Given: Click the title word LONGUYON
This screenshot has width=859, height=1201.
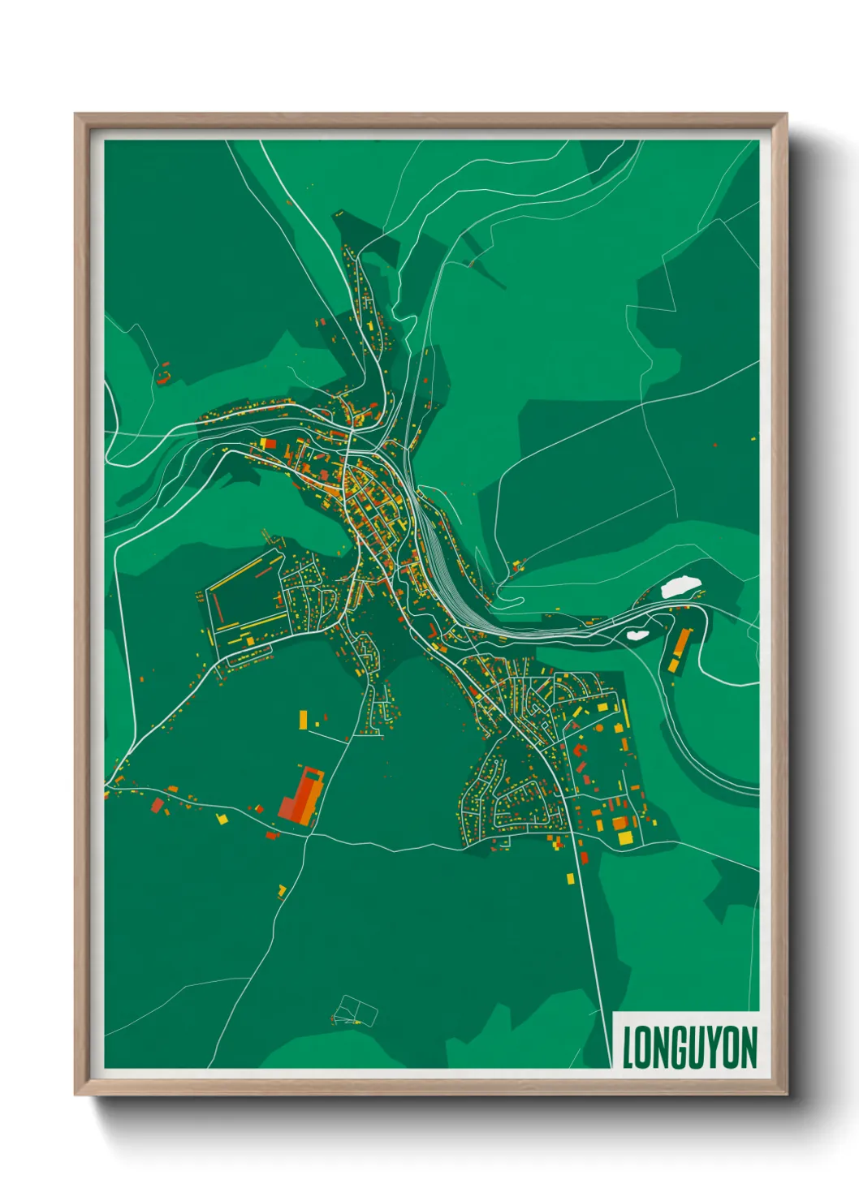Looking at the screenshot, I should click(x=689, y=1047).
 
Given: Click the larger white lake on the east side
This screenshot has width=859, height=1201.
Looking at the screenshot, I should click(x=680, y=587).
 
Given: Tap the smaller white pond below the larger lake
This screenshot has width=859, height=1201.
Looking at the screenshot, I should click(x=637, y=635).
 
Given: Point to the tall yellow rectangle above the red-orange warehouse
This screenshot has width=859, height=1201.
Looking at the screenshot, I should click(x=304, y=719).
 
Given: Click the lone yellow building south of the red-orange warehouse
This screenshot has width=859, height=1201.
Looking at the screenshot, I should click(x=282, y=891).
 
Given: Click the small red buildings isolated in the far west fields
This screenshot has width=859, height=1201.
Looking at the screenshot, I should click(x=163, y=377).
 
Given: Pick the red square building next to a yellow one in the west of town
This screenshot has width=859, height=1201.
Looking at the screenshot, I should click(x=268, y=443).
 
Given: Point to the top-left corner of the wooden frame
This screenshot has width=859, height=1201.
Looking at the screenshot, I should click(x=78, y=117).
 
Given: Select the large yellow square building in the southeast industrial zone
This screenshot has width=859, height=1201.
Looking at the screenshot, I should click(x=624, y=837).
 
